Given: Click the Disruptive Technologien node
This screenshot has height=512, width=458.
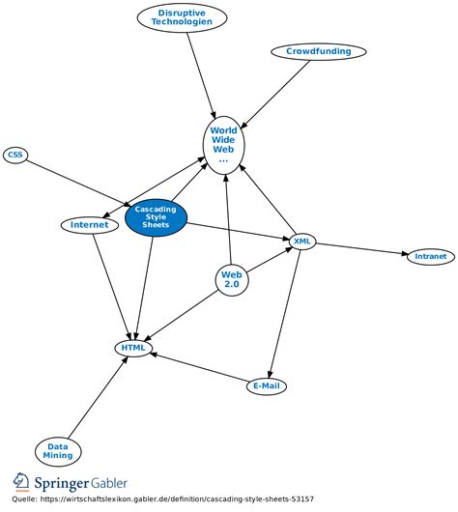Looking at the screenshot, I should point(182,17).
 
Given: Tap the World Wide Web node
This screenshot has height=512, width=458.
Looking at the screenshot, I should point(223,144).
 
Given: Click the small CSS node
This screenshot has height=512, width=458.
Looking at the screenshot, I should point(14,155).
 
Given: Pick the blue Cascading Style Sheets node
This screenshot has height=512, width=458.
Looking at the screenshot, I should point(157,219).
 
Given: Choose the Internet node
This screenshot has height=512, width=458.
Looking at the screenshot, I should point(89,225).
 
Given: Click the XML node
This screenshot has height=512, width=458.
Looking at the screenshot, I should point(302,241).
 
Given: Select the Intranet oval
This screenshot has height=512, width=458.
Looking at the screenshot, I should point(431,257).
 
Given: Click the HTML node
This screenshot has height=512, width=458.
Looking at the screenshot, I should point(132,348).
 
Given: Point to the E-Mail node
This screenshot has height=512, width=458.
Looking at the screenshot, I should point(267,386).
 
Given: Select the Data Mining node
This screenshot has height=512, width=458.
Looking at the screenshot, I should point(58,451).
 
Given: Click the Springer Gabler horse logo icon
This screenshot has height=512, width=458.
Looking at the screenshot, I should point(21,483).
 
